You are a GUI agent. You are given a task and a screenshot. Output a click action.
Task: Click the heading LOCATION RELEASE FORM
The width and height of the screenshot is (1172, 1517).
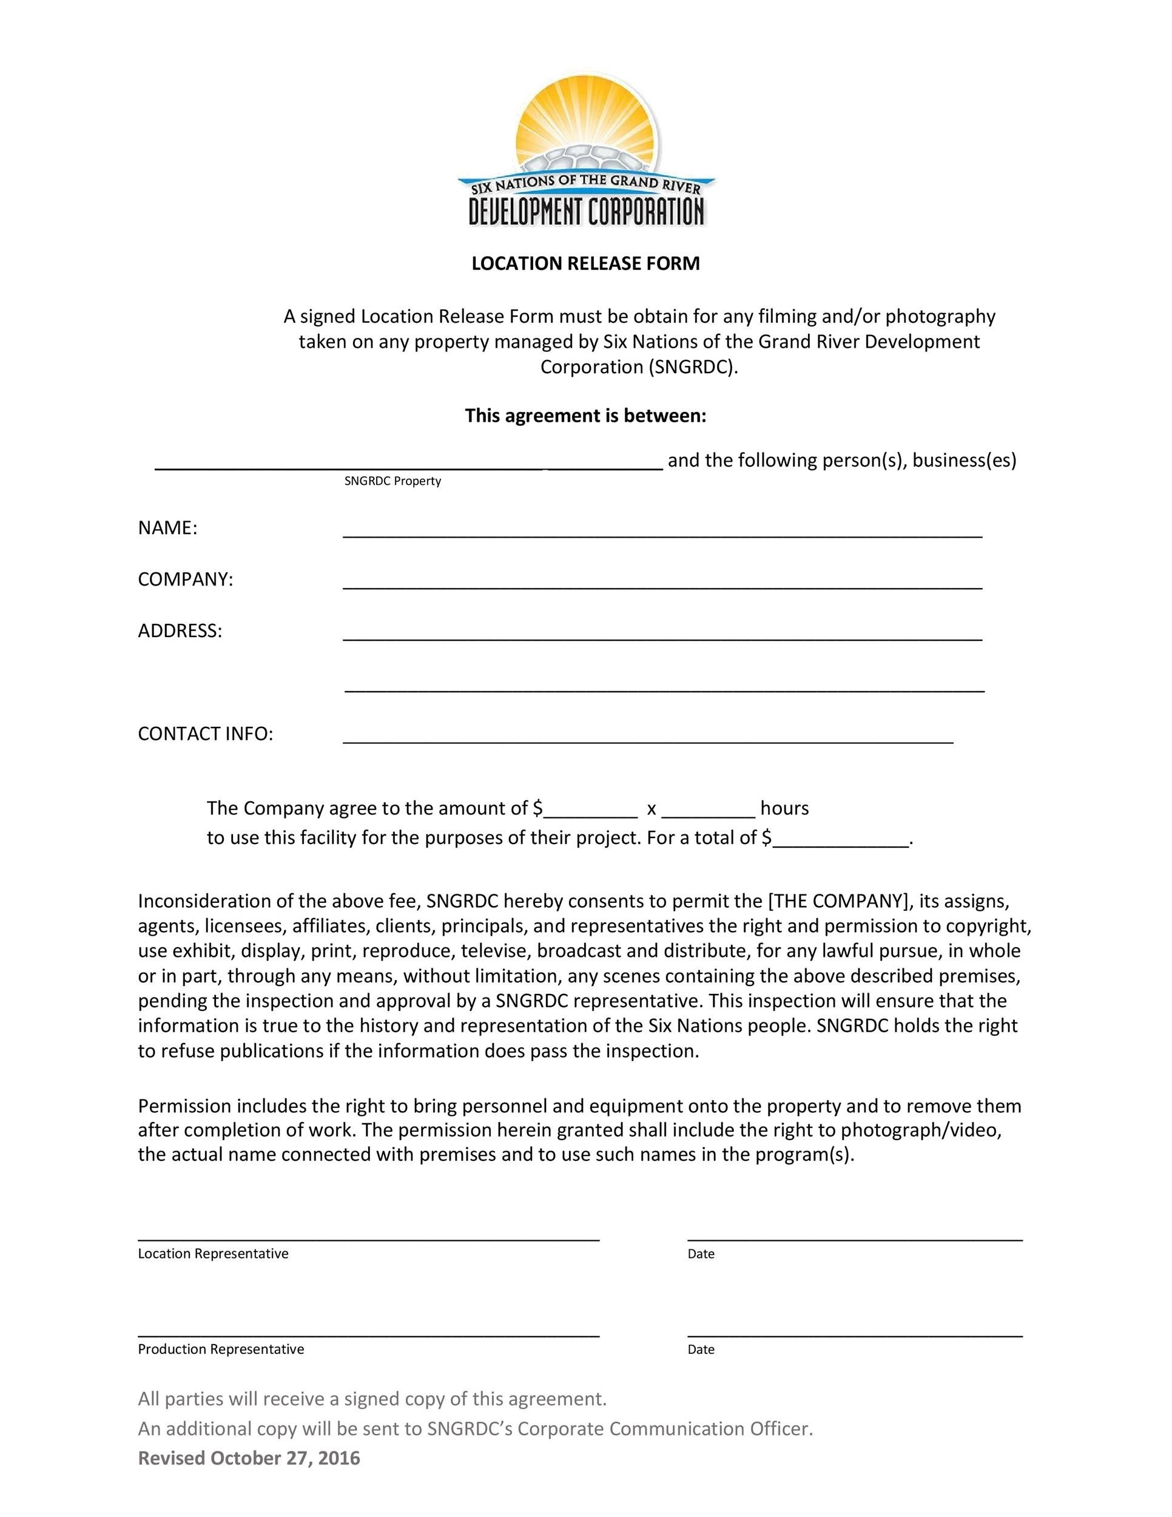point(585,263)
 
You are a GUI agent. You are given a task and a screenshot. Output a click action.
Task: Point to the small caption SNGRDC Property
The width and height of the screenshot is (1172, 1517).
point(392,481)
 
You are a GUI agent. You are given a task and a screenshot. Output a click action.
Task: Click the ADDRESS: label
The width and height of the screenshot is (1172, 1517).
point(180,630)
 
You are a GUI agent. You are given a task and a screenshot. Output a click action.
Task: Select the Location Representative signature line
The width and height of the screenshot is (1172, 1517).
point(368,1238)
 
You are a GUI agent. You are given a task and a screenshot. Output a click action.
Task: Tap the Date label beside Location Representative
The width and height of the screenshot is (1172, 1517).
point(701,1254)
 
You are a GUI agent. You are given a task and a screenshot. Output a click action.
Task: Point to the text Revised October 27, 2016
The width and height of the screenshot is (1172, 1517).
point(249,1458)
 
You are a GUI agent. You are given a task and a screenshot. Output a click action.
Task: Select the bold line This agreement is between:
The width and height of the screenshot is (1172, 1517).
point(585,416)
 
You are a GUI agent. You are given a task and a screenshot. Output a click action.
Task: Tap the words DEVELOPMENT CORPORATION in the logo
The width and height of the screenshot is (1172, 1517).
point(587,211)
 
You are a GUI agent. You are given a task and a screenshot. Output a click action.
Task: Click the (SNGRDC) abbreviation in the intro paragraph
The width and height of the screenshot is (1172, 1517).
point(693,367)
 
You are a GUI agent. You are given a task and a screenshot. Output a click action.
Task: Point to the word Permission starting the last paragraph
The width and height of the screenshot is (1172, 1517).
point(184,1105)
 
